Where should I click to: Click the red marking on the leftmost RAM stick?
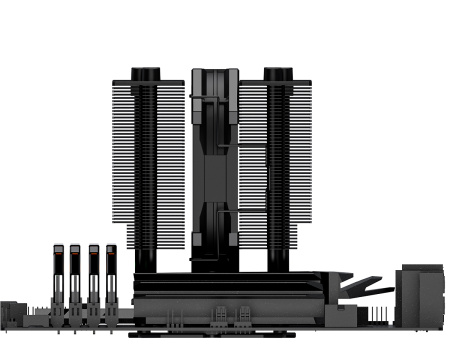(56, 250)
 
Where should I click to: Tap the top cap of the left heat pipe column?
(146, 72)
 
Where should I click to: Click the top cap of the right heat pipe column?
(277, 72)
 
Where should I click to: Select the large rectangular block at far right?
(421, 297)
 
